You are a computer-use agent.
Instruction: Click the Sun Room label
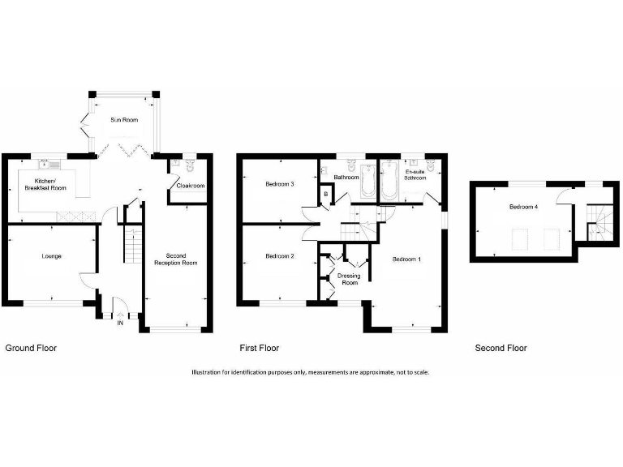[124, 120]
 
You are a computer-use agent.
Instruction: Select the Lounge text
[52, 256]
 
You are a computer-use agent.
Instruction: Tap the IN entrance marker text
[120, 323]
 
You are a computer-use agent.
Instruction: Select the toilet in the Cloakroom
[189, 165]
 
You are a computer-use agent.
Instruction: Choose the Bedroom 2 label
[279, 256]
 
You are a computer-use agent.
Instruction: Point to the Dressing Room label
[350, 279]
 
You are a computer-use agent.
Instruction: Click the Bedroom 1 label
[406, 260]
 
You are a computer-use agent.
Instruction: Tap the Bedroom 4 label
[522, 207]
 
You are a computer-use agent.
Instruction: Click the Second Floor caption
[501, 348]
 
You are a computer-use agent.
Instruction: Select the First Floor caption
[259, 348]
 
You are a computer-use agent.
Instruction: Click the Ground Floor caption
[31, 348]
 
